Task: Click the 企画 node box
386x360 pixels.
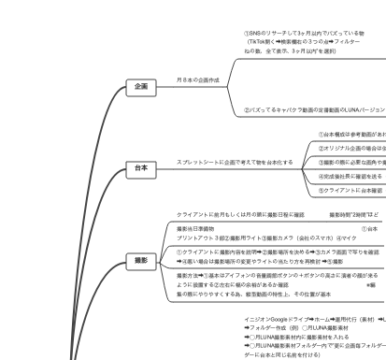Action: click(140, 86)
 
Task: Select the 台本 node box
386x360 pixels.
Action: click(140, 168)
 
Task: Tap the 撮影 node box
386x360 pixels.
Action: click(140, 262)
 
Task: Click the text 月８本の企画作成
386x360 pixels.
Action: click(198, 80)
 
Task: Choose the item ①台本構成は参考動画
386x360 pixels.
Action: click(350, 135)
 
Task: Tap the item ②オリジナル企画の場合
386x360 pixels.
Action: click(351, 148)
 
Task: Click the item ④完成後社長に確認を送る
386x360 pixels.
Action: click(350, 176)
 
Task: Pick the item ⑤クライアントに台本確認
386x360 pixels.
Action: click(350, 190)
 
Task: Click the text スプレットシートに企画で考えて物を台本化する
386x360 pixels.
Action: click(234, 162)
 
